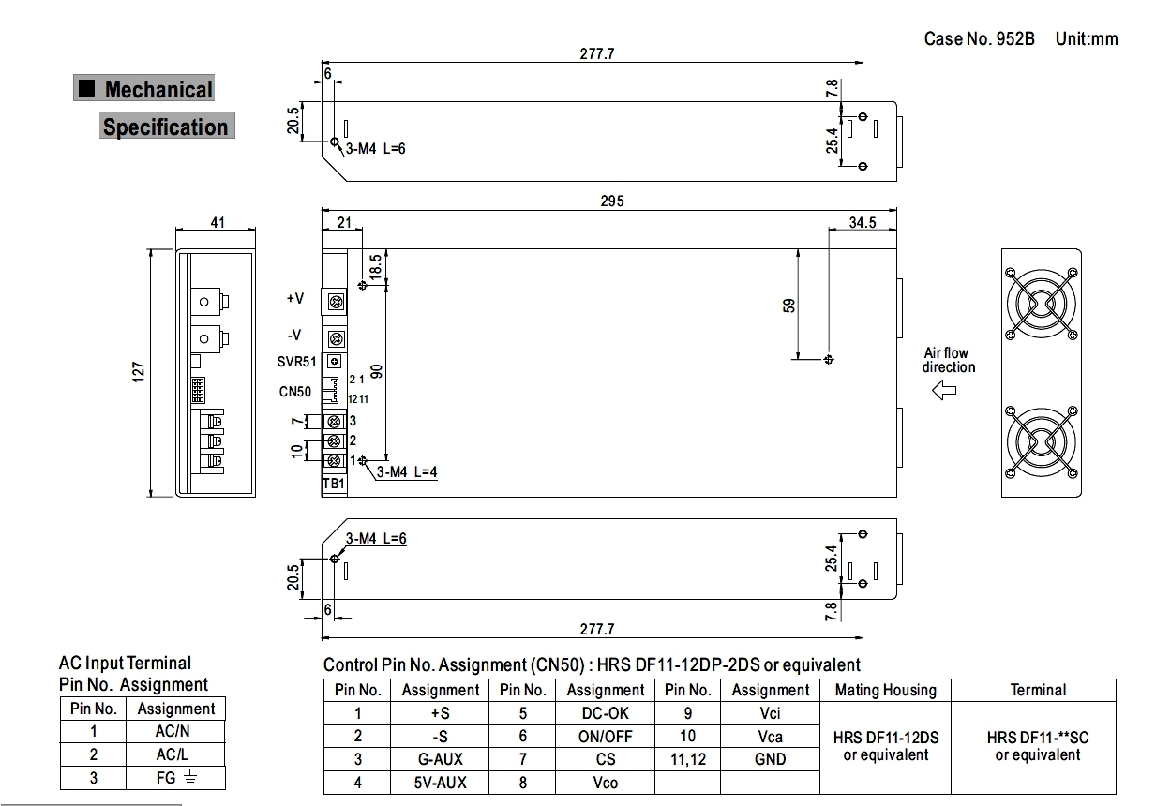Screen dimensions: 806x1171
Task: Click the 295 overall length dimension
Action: [609, 201]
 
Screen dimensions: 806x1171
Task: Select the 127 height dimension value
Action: [139, 372]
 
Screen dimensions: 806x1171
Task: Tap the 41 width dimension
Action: [217, 224]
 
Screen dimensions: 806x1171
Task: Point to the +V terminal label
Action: [294, 299]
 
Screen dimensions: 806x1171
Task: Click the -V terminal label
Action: [294, 335]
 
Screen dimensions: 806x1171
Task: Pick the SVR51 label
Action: [297, 363]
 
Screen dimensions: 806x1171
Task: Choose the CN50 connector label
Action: [295, 392]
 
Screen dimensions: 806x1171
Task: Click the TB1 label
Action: [333, 484]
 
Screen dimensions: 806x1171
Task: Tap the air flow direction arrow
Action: [944, 390]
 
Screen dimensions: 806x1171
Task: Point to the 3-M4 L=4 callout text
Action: [407, 472]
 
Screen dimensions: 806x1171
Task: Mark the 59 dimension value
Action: [788, 306]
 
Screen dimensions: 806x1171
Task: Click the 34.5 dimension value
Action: [862, 222]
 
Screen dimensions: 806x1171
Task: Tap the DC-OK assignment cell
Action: [606, 713]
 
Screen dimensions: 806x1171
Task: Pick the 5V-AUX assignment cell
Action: [440, 783]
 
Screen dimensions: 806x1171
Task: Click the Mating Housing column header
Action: [885, 690]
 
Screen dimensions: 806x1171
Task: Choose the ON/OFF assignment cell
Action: [606, 737]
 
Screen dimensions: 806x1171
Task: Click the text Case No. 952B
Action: [979, 38]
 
